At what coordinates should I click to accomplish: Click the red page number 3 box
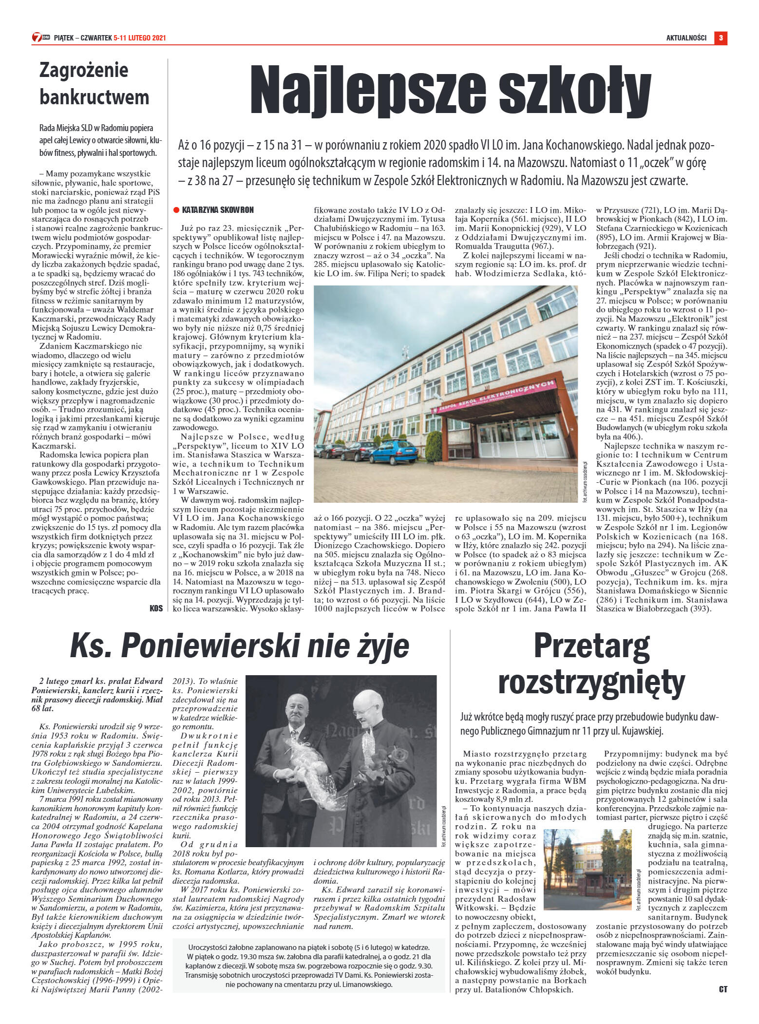tap(721, 38)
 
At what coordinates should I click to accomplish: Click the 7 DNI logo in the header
tap(41, 38)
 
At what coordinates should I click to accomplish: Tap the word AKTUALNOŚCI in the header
tap(686, 38)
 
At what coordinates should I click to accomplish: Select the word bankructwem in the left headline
tap(95, 97)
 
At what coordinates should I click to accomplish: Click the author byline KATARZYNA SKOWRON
tap(217, 210)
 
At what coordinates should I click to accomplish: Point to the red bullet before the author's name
tap(176, 210)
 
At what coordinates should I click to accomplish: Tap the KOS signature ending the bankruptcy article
tap(156, 608)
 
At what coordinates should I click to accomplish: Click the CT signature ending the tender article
tap(723, 989)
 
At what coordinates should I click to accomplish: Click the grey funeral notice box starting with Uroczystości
tap(309, 972)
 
